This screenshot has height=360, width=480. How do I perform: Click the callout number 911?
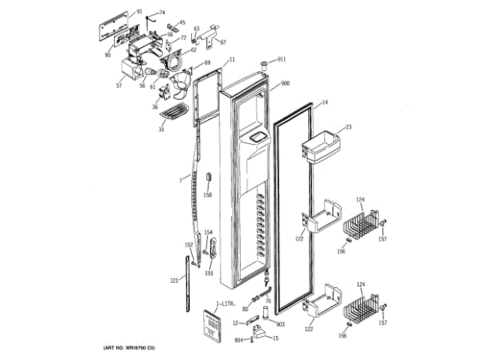pos(281,58)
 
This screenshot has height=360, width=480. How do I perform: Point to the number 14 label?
pos(325,102)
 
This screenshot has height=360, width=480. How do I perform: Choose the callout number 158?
pos(208,195)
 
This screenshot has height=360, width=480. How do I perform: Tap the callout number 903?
pos(280,324)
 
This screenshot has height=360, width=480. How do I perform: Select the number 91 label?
pos(139,13)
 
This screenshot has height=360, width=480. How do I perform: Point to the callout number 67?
pos(222,41)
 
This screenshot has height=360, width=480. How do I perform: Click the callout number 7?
pos(181,180)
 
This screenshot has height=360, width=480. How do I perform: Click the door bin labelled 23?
pos(318,146)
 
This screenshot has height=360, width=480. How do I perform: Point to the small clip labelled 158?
pos(208,178)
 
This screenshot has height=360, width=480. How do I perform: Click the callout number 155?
pos(209,273)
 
